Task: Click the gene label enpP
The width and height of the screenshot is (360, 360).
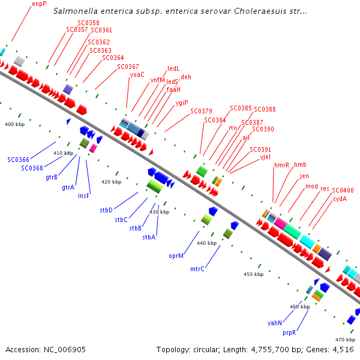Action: (x=39, y=4)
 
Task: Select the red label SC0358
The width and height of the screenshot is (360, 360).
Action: (x=88, y=23)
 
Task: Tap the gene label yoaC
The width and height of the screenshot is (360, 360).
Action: (x=137, y=74)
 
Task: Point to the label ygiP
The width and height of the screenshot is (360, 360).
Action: (x=182, y=103)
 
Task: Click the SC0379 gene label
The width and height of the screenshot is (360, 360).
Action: (x=201, y=111)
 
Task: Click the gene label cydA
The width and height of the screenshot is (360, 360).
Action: (x=340, y=199)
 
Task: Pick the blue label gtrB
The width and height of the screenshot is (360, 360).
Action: (x=52, y=177)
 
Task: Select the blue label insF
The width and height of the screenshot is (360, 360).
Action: (x=84, y=195)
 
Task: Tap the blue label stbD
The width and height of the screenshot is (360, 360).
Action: (x=106, y=210)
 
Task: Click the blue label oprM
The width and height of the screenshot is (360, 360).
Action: (x=176, y=256)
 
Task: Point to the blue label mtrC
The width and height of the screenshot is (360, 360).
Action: (x=197, y=269)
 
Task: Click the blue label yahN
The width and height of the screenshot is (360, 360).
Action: (x=275, y=323)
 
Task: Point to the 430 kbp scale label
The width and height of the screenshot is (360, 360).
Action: (x=159, y=212)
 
